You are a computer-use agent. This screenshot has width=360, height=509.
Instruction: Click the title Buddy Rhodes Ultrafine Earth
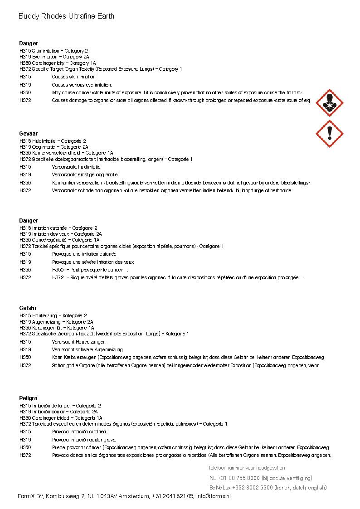[x=66, y=16]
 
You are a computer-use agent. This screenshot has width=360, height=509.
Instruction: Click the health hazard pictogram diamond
[x=329, y=103]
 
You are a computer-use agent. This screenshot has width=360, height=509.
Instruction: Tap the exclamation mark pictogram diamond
[x=329, y=134]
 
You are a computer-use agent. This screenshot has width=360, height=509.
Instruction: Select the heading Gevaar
[x=29, y=134]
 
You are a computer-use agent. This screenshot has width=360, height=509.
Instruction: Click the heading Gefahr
[x=28, y=308]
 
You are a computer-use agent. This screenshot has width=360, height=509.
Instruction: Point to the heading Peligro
[x=29, y=398]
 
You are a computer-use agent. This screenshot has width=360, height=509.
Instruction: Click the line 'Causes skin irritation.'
[x=74, y=77]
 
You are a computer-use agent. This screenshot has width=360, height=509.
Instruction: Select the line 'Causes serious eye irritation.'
[x=82, y=85]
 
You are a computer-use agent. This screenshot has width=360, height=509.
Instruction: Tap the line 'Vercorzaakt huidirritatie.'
[x=77, y=167]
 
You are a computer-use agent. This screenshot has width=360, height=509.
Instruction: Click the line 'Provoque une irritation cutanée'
[x=84, y=254]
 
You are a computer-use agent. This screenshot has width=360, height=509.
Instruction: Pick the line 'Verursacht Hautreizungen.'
[x=79, y=342]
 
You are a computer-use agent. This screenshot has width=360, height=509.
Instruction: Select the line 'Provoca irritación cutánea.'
[x=79, y=432]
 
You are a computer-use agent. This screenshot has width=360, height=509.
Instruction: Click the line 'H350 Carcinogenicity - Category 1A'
[x=58, y=63]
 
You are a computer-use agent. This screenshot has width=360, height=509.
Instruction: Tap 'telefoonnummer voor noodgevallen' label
[x=247, y=467]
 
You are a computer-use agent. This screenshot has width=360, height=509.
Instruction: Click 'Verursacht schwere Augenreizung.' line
[x=88, y=349]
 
